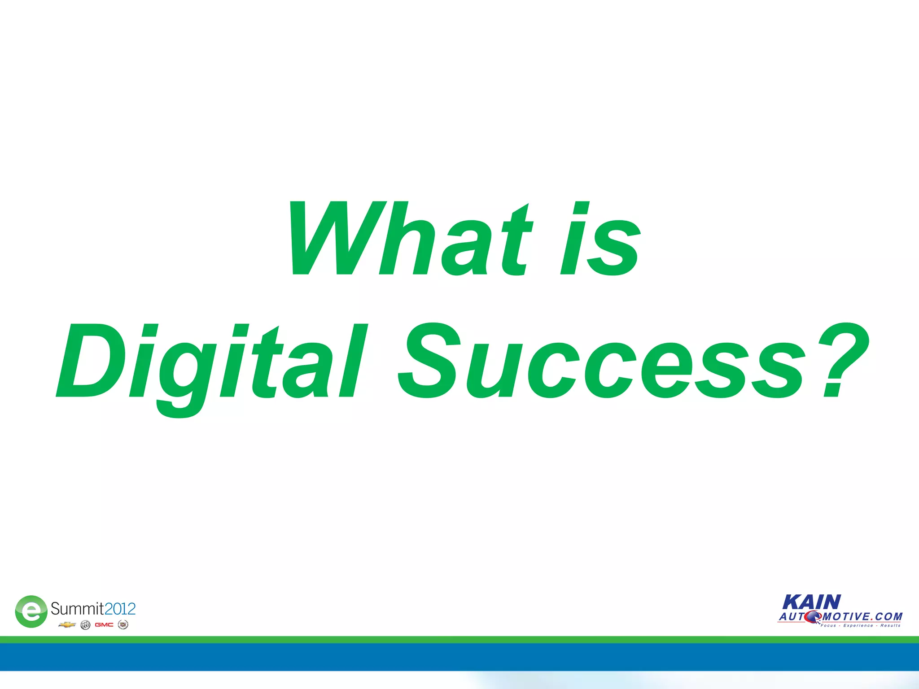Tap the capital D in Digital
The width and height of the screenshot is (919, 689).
[x=90, y=361]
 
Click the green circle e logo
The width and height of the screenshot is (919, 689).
[x=31, y=611]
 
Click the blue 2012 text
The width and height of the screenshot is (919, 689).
[x=120, y=609]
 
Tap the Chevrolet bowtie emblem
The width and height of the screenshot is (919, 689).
[x=67, y=625]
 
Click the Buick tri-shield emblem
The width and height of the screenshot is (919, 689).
[x=85, y=625]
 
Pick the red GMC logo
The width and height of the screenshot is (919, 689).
[x=104, y=625]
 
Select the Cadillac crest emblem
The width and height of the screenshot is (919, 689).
[x=123, y=625]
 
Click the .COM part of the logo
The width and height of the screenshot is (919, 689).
[x=887, y=617]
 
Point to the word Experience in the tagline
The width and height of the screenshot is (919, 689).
[x=858, y=625]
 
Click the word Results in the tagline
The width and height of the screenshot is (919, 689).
[x=890, y=625]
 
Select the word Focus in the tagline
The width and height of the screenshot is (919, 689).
[x=828, y=625]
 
